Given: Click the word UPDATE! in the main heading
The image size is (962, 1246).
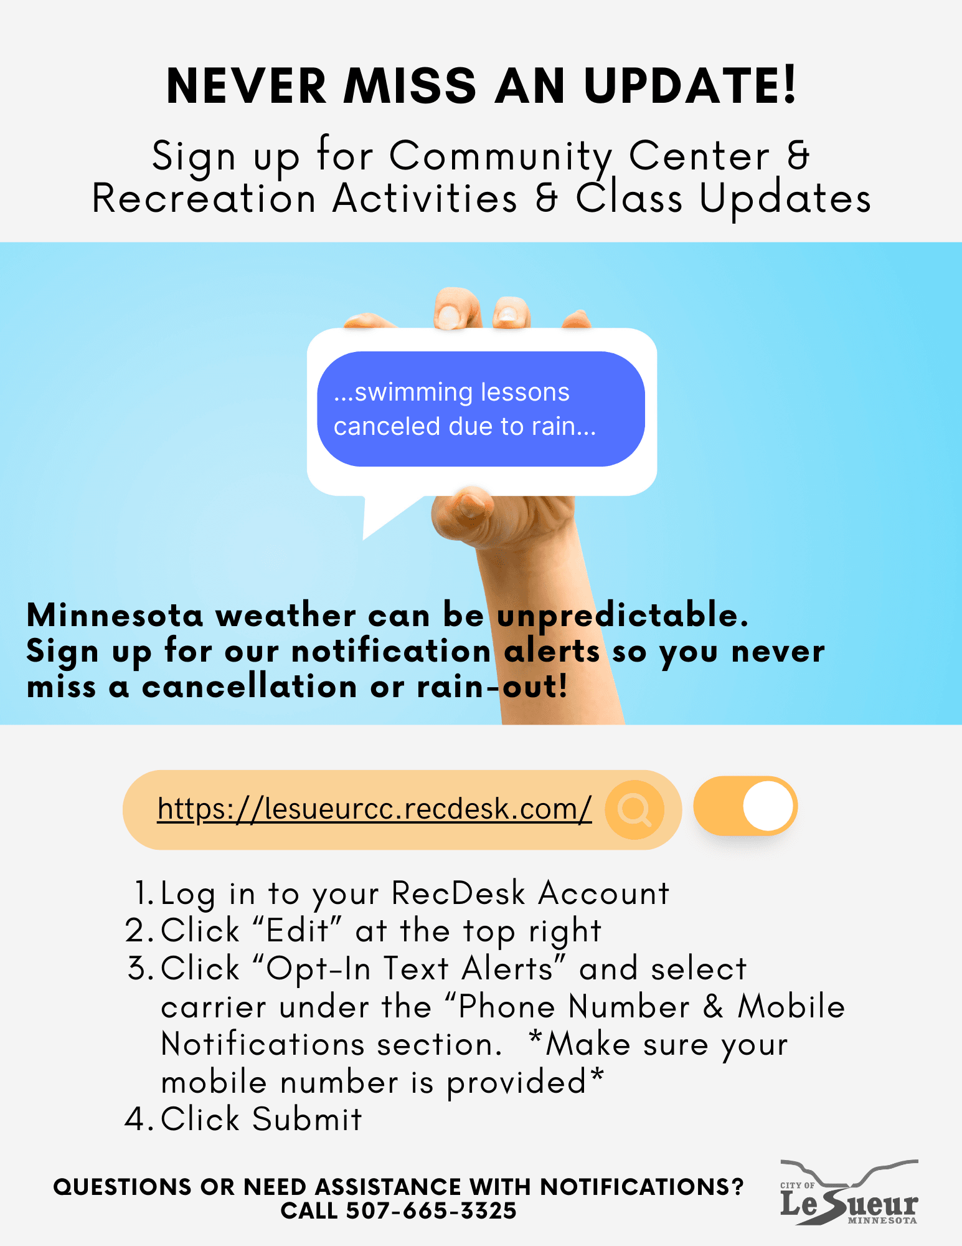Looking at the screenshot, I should click(690, 85).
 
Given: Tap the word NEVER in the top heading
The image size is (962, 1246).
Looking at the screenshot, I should click(247, 87).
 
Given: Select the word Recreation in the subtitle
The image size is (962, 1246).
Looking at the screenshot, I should click(204, 199).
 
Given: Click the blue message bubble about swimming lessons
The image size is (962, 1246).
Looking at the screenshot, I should click(481, 409).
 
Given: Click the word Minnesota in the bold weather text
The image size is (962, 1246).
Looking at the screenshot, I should click(115, 616).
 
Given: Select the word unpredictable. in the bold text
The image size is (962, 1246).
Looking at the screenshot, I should click(623, 616).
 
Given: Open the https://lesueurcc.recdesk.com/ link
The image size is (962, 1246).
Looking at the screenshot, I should click(374, 809).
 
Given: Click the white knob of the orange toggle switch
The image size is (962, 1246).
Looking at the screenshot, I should click(768, 806).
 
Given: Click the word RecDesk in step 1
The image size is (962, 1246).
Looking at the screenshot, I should click(458, 893).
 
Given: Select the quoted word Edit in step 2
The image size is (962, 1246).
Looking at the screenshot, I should click(298, 931).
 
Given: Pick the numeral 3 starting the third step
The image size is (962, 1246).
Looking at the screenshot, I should click(137, 969).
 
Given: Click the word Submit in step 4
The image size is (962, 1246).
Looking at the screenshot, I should click(307, 1120).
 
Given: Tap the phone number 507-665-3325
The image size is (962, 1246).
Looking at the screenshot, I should click(431, 1210).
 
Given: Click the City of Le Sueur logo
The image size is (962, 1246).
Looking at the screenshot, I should click(849, 1192).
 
